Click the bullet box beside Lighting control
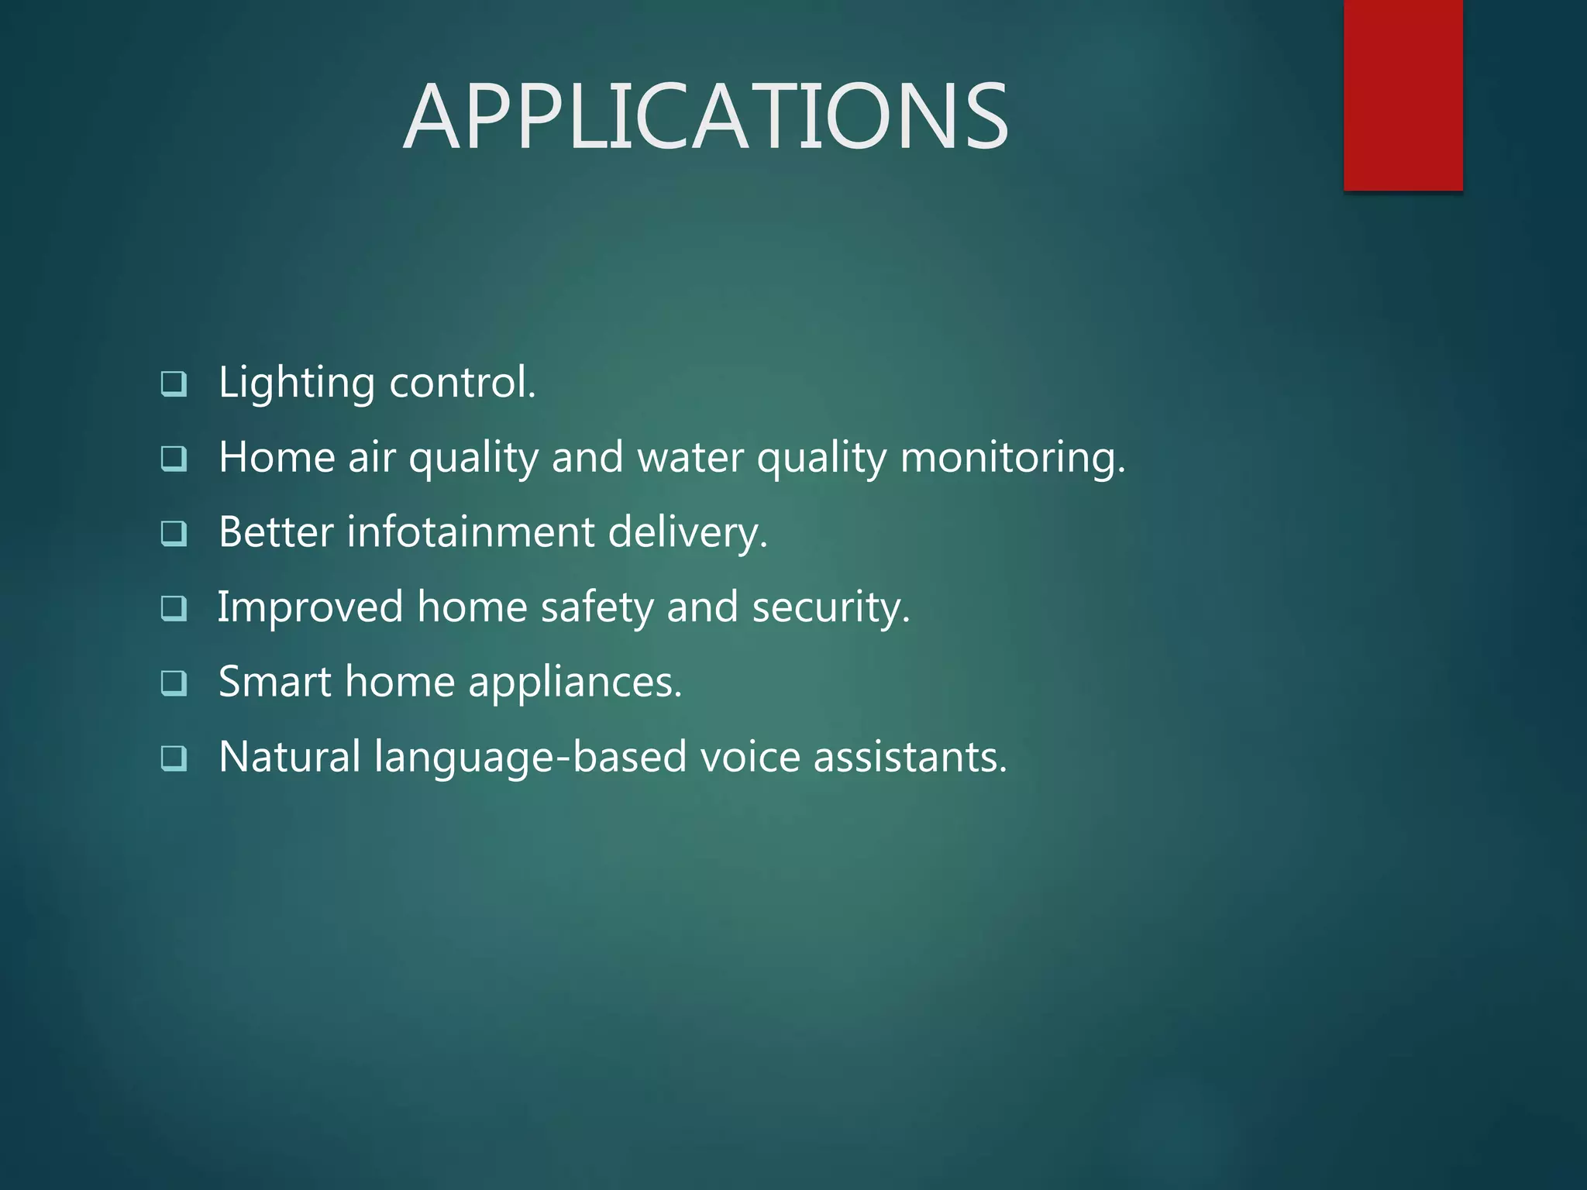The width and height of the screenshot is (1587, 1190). tap(174, 383)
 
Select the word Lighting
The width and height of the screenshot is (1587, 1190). tap(296, 383)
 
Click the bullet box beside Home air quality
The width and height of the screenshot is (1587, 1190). tap(174, 459)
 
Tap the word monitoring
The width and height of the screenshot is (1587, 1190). tap(1012, 459)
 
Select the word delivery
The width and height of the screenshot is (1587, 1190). tap(687, 534)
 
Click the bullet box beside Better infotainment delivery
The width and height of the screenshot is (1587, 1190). tap(174, 533)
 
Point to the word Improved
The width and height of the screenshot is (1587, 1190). tap(310, 607)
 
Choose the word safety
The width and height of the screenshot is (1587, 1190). tap(597, 607)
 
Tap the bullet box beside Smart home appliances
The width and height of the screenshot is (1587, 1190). tap(174, 683)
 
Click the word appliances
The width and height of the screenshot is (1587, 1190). tap(574, 683)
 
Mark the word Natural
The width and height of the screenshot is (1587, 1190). tap(289, 757)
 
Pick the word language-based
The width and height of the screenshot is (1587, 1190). tap(530, 758)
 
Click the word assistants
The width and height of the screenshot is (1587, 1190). tap(910, 757)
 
